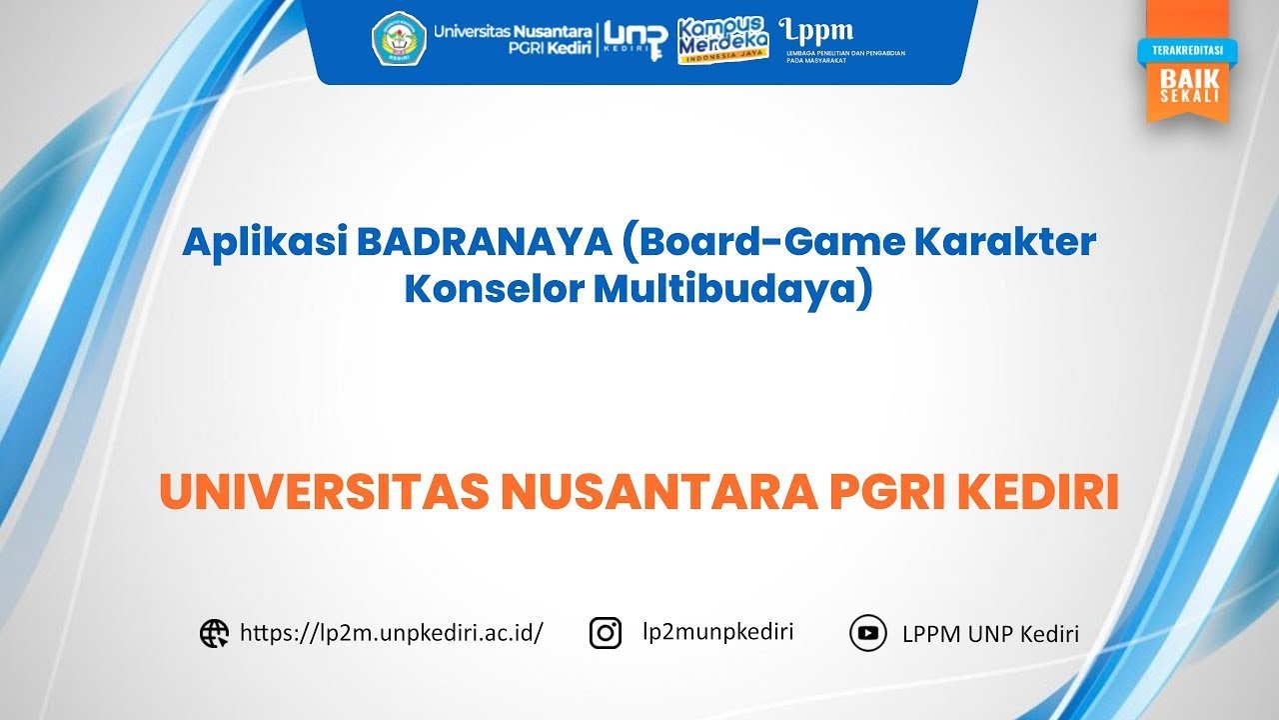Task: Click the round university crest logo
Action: coord(399,38)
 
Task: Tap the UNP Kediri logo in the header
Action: coord(635,38)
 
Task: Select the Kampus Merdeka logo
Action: coord(721,40)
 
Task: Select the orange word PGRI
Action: coord(891,494)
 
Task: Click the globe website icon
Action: coord(214,634)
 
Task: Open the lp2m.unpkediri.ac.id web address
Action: coord(392,633)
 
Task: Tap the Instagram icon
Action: coord(606,633)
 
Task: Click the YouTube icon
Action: coord(867,633)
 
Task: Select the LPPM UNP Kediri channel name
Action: coord(990,634)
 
